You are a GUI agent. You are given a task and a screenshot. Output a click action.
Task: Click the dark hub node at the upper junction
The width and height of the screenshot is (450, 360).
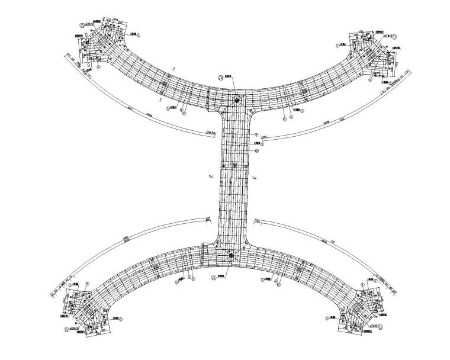(x=236, y=100)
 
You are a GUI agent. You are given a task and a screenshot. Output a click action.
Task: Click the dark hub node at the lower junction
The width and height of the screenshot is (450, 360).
(x=232, y=256)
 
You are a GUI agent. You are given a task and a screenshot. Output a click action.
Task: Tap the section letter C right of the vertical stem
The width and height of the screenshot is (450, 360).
(x=253, y=177)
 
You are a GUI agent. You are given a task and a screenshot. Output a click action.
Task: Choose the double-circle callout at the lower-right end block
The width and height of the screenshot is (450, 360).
(x=382, y=326)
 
